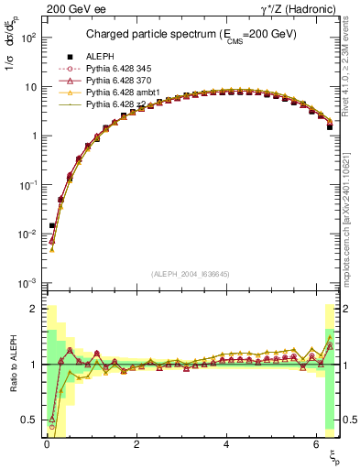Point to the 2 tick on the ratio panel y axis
pos(33,309)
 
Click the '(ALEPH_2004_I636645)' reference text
pos(191,274)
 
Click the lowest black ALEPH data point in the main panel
pos(52,225)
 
